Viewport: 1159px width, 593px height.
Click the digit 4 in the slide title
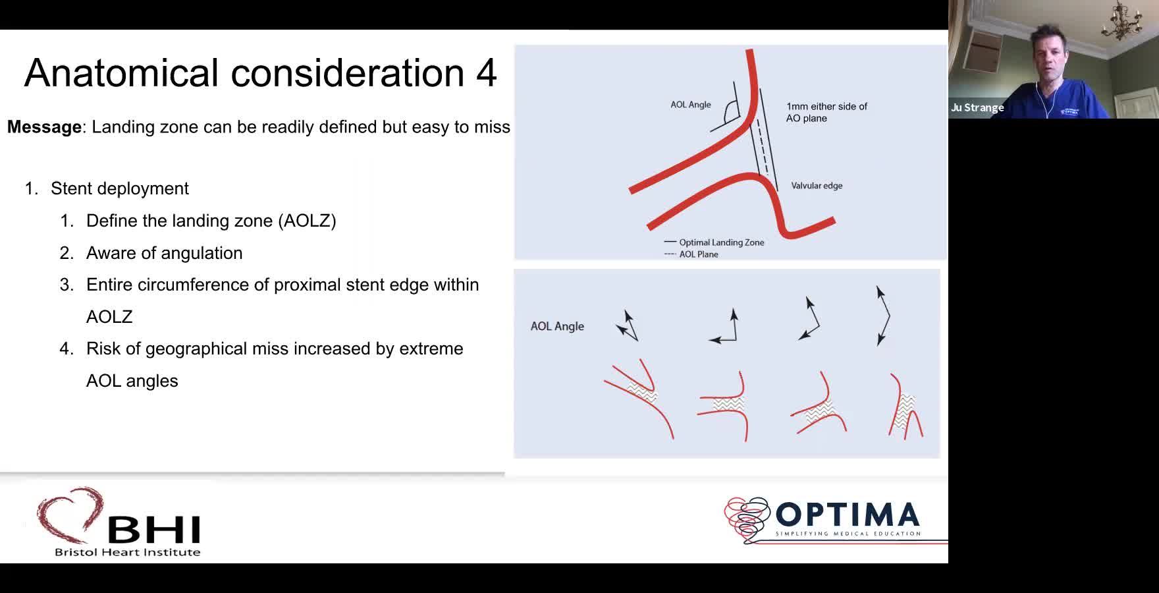coord(486,73)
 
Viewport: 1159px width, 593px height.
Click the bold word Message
coord(44,127)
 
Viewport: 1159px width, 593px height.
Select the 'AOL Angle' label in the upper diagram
coord(691,105)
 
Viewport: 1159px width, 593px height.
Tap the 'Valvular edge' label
coord(817,186)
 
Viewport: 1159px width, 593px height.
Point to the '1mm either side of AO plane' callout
coord(826,112)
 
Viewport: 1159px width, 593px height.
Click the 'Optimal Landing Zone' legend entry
coord(714,242)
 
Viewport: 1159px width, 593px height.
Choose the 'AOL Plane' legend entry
coord(691,254)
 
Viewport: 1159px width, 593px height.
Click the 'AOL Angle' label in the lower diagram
coord(557,326)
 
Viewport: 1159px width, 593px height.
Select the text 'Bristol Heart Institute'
coord(127,552)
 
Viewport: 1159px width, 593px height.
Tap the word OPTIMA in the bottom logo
coord(848,515)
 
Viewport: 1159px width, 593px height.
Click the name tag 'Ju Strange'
coord(977,107)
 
